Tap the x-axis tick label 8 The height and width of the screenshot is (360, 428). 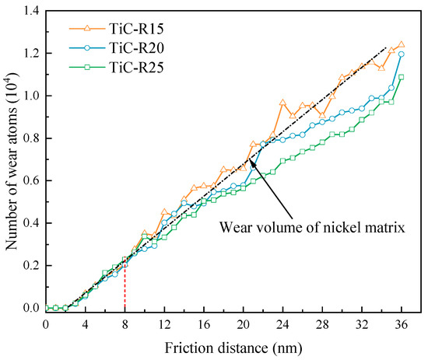(125, 323)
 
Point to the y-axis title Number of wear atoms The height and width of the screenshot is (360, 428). (11, 159)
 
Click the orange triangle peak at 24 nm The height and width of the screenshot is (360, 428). (283, 102)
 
